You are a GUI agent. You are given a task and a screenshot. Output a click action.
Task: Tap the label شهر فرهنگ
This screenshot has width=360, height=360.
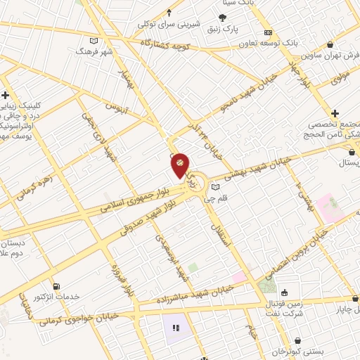(94, 52)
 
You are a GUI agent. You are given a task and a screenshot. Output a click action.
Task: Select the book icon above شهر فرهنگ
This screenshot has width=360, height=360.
(94, 40)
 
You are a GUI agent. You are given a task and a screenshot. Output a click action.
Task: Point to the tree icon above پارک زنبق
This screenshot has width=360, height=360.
(224, 18)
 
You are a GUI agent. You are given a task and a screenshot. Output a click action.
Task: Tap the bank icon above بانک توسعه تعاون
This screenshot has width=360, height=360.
(267, 32)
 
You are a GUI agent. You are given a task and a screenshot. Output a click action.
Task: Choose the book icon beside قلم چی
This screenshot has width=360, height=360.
(215, 187)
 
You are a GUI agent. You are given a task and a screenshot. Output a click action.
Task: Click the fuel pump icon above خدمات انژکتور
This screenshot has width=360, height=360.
(56, 286)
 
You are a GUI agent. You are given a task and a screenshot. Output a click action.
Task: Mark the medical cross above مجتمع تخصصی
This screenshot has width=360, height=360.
(335, 112)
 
